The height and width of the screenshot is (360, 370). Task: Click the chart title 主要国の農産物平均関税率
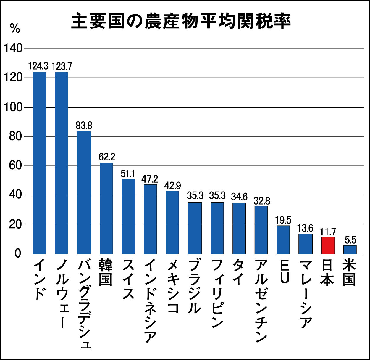(181, 21)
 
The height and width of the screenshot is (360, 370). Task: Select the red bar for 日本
(328, 245)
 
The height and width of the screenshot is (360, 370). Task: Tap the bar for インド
(39, 163)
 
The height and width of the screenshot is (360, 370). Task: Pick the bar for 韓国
(106, 208)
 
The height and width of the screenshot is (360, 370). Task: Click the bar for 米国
(350, 250)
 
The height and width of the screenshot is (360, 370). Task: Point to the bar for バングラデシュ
(84, 192)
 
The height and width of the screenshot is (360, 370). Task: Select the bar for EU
(283, 240)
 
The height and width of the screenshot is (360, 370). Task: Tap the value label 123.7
(62, 66)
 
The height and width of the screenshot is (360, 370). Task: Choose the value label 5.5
(350, 240)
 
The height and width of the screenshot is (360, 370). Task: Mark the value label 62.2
(107, 157)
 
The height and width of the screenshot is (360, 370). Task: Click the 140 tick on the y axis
(13, 48)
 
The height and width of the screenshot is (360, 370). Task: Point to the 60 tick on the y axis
(15, 165)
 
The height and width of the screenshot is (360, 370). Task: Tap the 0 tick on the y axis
(18, 254)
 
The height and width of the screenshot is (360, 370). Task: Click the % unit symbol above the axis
(15, 28)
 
